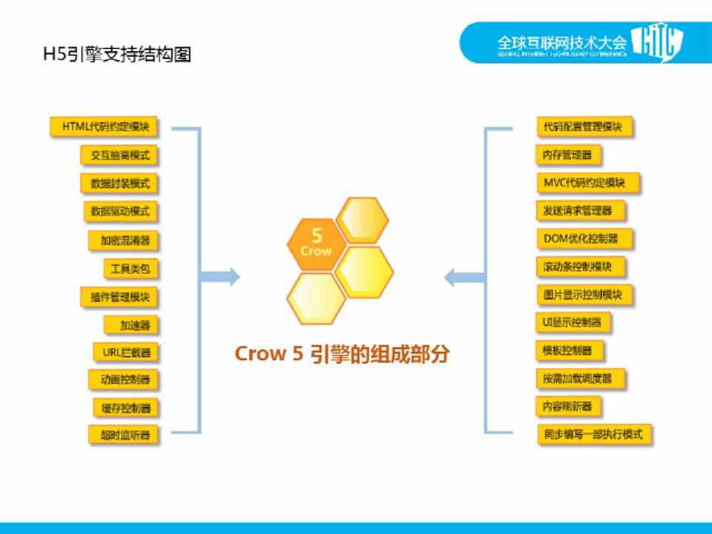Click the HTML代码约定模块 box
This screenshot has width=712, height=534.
tap(105, 127)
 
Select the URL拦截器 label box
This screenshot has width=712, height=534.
tap(126, 352)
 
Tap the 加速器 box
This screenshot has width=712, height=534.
tap(131, 324)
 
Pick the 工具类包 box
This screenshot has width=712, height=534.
tap(131, 268)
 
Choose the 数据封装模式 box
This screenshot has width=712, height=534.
tap(119, 182)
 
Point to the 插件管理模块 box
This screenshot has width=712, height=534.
tap(119, 297)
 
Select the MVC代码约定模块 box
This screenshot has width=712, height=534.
tap(587, 182)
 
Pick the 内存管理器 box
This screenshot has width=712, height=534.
tap(567, 155)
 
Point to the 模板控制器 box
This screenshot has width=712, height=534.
tap(568, 350)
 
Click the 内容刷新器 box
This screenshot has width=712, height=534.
tap(567, 406)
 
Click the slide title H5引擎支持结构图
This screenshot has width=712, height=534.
tap(117, 54)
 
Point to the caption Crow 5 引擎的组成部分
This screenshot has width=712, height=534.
tap(342, 354)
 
